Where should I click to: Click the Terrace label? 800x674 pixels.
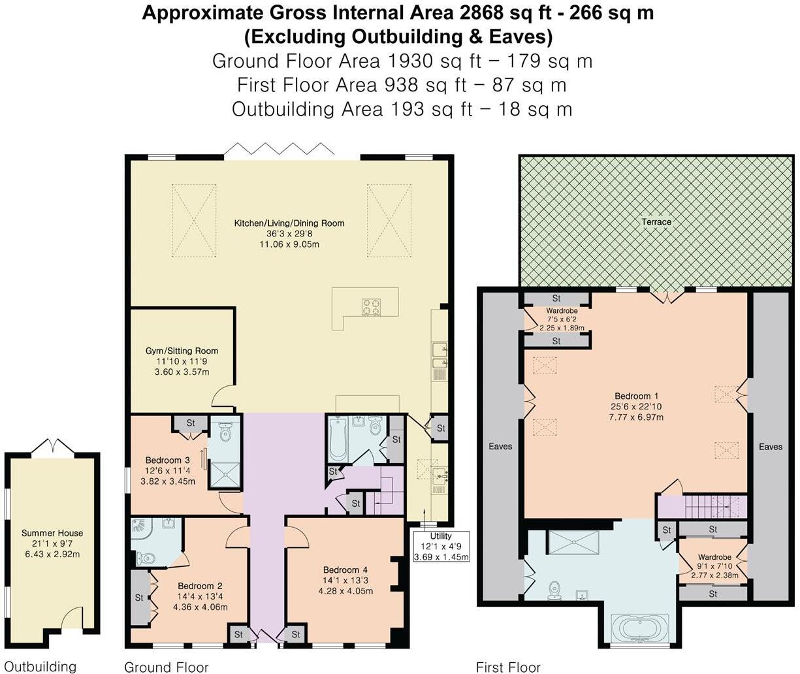tap(656, 222)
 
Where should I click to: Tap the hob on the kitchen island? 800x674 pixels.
tap(372, 306)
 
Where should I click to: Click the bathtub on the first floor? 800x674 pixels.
tap(639, 629)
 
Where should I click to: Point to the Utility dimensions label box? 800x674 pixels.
tap(441, 547)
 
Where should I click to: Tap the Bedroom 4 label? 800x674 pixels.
tap(345, 580)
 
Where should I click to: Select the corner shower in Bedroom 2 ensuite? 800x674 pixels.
tap(143, 532)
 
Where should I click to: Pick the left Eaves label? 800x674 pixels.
tap(501, 447)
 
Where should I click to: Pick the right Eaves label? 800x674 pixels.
tap(771, 447)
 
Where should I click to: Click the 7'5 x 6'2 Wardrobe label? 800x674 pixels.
tap(562, 319)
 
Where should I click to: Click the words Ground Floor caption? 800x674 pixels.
tap(166, 667)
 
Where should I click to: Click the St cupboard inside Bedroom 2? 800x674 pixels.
tap(139, 598)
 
